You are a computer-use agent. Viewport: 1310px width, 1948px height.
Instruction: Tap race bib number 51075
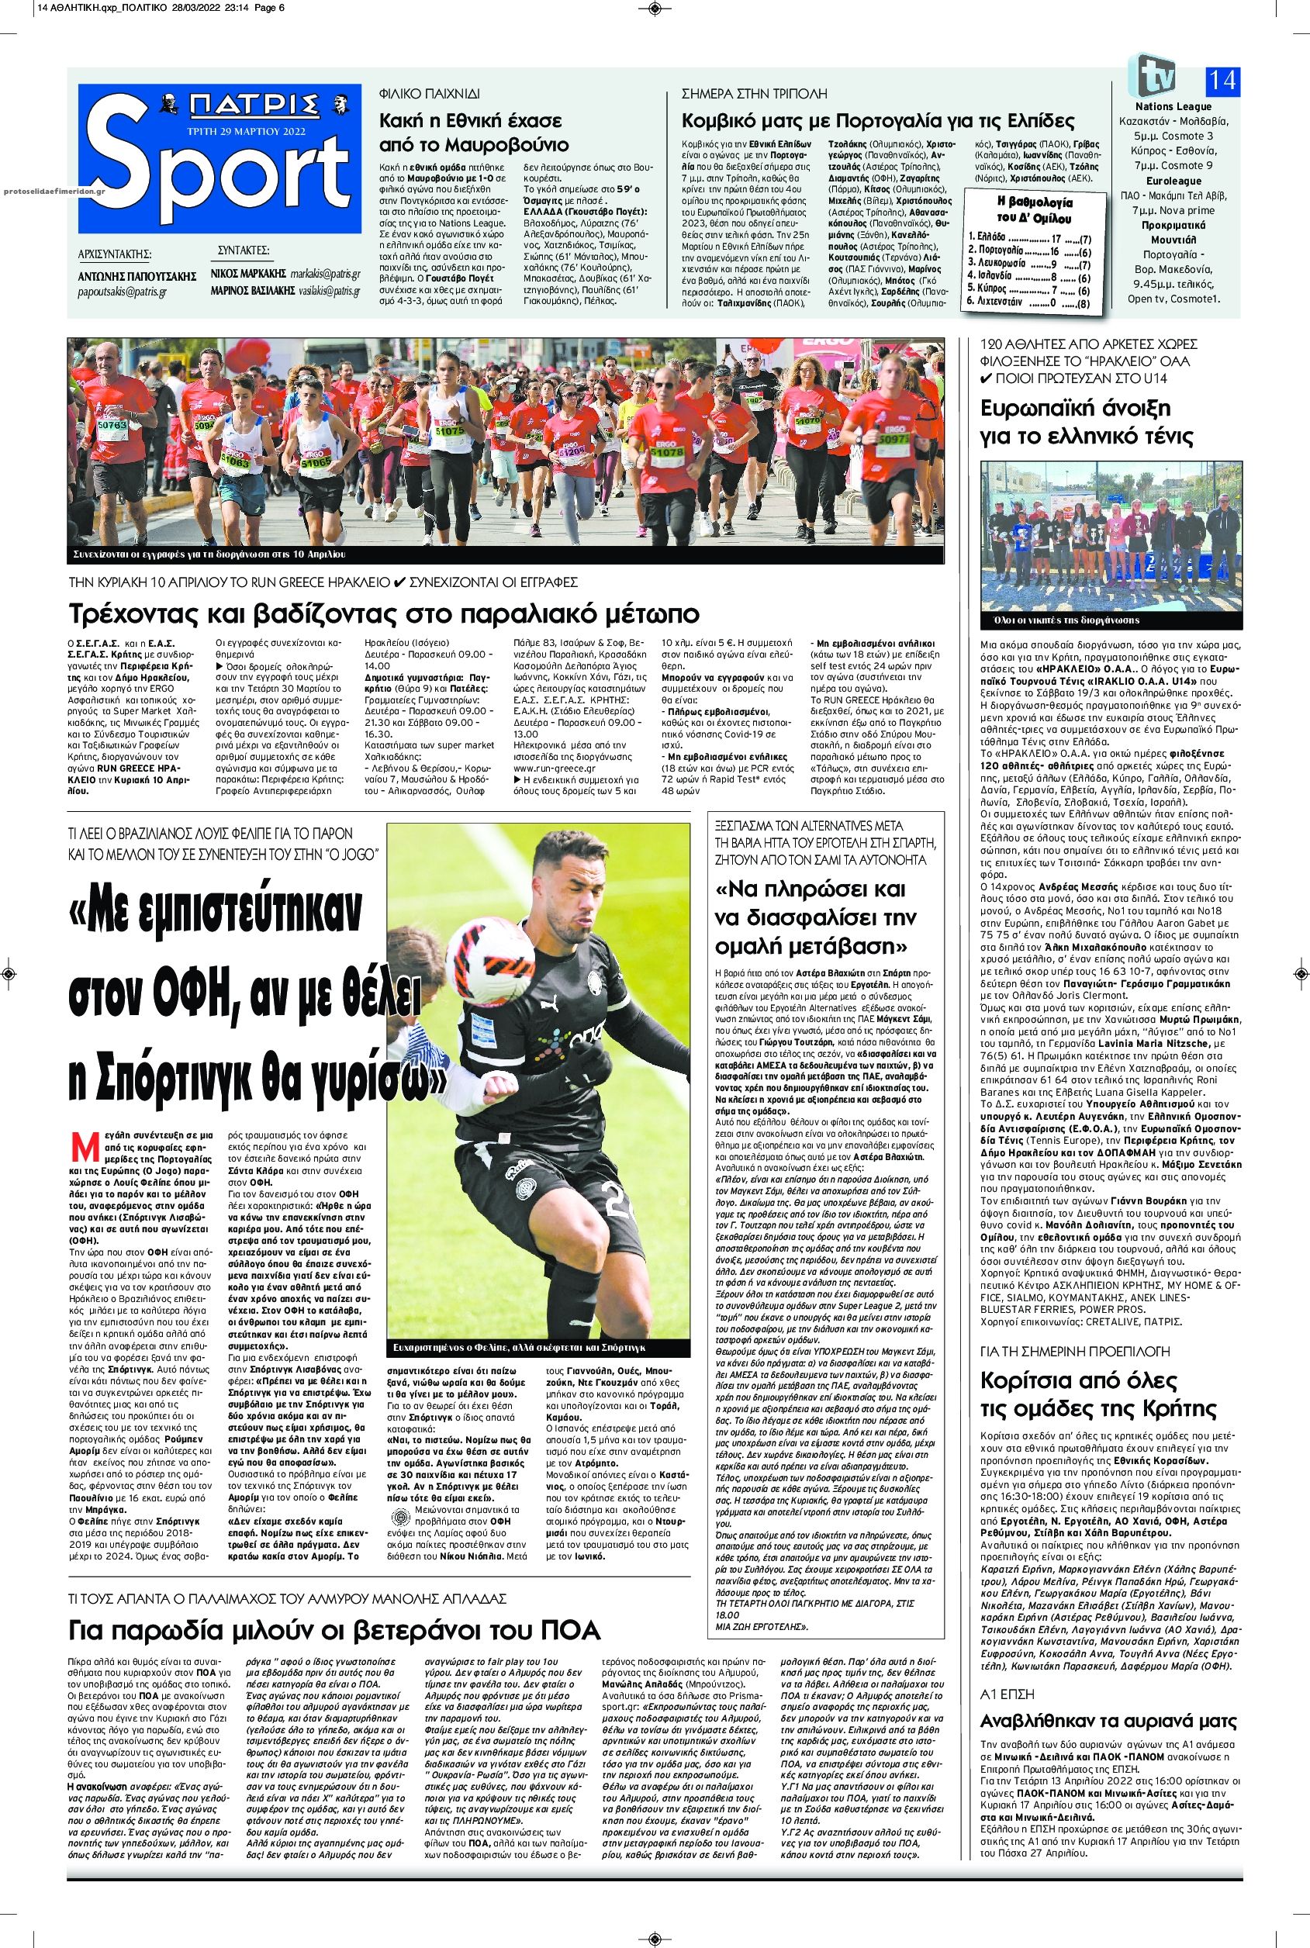(x=448, y=430)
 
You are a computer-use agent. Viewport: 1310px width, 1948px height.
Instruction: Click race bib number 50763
(x=111, y=424)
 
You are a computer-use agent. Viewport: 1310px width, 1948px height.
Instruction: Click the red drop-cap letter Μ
(x=80, y=1144)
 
